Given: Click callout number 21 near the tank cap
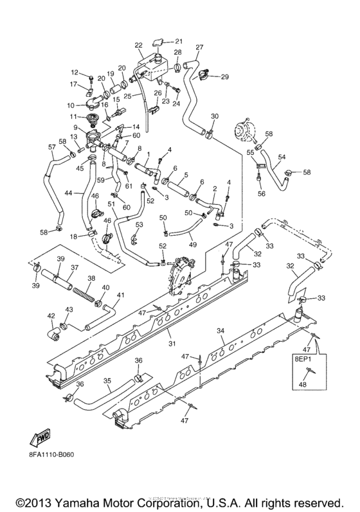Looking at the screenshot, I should (179, 42).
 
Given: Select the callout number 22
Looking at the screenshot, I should (138, 45).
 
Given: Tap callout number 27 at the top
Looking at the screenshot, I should (199, 47).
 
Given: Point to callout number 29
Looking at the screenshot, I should (225, 78).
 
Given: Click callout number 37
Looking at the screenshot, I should (74, 269).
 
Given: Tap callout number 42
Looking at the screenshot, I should (51, 316).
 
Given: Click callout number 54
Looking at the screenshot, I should (300, 157).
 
